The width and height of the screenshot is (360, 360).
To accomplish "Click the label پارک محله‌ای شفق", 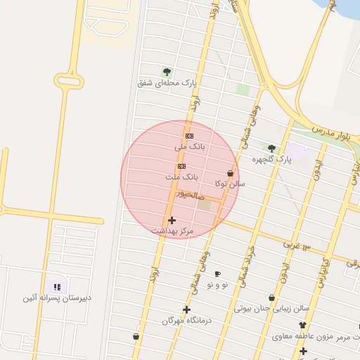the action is point(167,82).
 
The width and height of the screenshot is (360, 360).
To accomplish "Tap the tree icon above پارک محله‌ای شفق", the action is point(167,71).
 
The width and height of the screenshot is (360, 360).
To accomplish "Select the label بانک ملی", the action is point(189,147).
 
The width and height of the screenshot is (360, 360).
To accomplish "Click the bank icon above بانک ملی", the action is point(189,136).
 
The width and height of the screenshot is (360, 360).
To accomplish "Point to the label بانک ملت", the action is point(183,177).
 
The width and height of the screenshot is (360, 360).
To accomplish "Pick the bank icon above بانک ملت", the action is point(182,166).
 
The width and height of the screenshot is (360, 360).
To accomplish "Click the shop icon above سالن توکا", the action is point(230,173).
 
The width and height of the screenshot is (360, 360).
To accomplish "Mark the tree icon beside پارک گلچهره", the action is point(271,148).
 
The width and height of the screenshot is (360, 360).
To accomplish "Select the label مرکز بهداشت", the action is point(172,231).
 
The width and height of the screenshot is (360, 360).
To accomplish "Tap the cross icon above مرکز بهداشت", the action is point(172,220).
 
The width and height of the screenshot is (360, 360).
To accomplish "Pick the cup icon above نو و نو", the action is point(217,274).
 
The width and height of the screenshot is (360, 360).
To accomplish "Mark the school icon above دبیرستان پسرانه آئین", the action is point(57,287).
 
